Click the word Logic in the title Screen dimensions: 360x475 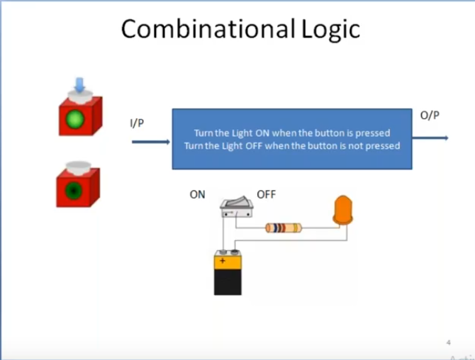coord(327,28)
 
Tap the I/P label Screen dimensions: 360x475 coord(138,124)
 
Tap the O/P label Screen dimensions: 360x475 coord(430,115)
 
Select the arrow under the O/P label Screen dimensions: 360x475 coord(431,137)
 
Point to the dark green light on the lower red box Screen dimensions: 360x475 coord(74,190)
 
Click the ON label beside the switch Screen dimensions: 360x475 coord(197,194)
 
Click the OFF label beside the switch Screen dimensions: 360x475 coord(266,194)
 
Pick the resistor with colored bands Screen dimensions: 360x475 coord(284,228)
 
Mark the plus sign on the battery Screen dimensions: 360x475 coord(223,261)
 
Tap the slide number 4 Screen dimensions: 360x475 coord(449,343)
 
